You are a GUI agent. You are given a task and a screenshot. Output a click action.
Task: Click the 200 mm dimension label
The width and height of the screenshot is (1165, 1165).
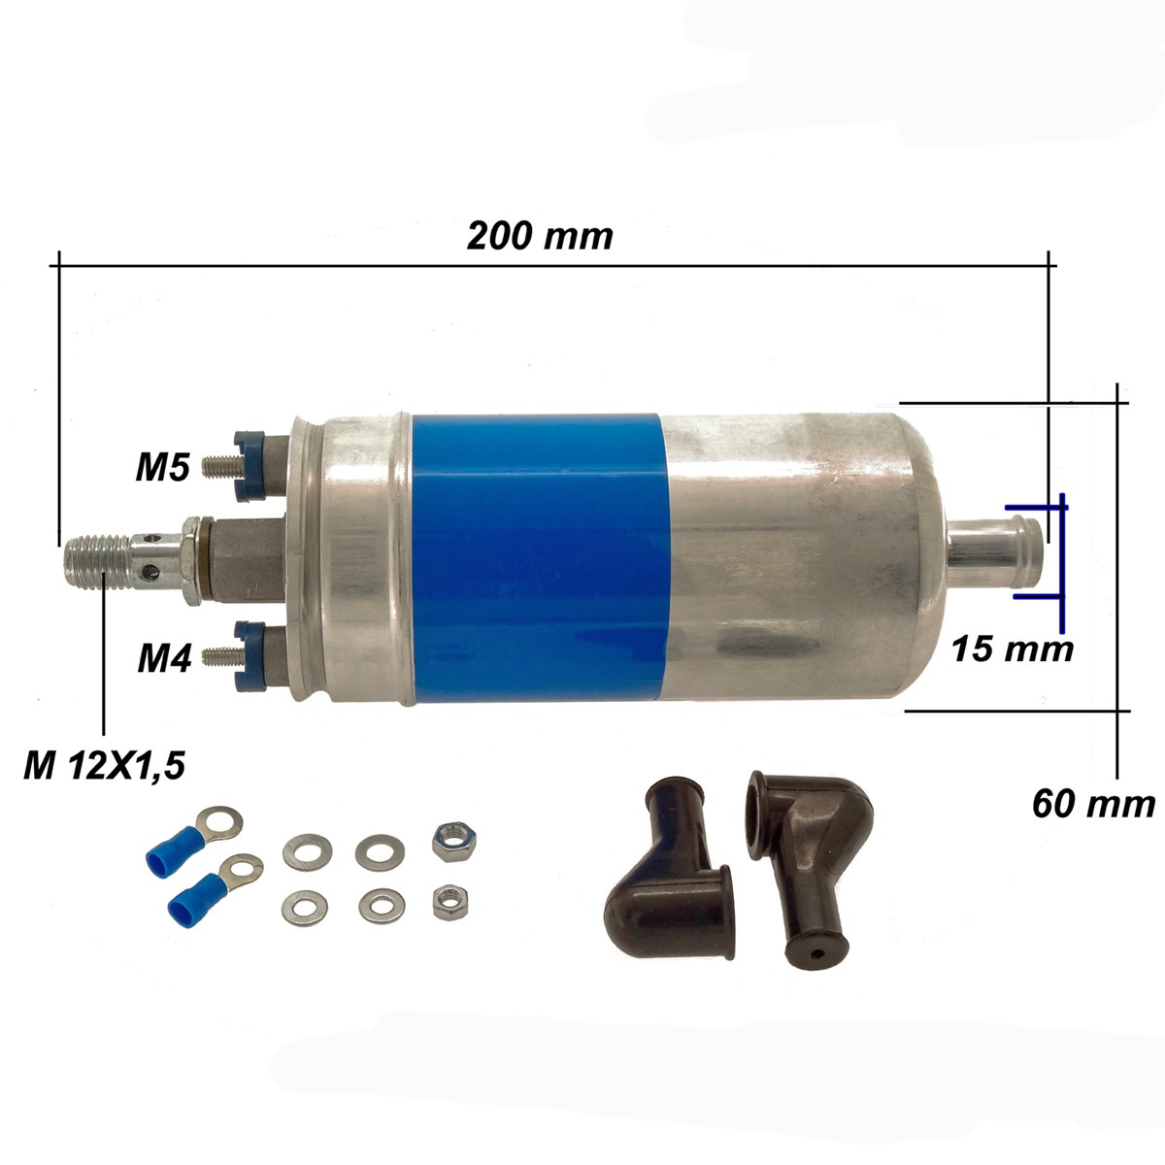[540, 236]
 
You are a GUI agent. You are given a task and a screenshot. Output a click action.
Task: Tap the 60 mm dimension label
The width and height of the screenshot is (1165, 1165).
[1094, 805]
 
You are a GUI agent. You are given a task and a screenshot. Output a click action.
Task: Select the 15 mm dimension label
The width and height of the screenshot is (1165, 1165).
[1013, 649]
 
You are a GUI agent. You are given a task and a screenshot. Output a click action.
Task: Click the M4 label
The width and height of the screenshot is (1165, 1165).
[164, 658]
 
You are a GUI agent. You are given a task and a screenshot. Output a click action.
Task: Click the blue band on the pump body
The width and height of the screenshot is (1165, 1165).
[538, 559]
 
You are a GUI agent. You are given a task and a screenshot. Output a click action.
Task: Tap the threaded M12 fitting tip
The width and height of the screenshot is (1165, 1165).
[97, 561]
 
